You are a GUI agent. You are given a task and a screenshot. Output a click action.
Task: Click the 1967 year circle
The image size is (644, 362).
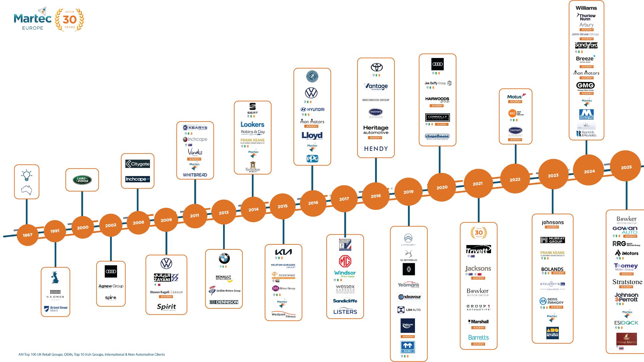pyautogui.click(x=28, y=235)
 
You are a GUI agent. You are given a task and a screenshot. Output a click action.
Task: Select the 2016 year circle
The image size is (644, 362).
pyautogui.click(x=313, y=203)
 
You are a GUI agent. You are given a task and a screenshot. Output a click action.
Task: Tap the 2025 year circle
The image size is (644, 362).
pyautogui.click(x=626, y=167)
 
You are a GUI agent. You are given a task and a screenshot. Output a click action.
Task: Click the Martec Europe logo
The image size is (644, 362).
pyautogui.click(x=33, y=20)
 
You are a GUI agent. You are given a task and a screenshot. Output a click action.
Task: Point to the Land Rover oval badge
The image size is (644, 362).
pyautogui.click(x=82, y=180)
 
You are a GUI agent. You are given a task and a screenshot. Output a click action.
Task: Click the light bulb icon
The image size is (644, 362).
pyautogui.click(x=27, y=175)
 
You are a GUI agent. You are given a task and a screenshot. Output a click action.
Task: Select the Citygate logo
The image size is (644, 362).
pyautogui.click(x=138, y=164)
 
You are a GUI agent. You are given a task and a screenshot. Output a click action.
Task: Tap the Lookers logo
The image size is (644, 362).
pyautogui.click(x=252, y=124)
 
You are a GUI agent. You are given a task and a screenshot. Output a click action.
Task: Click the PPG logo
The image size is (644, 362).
pyautogui.click(x=312, y=159)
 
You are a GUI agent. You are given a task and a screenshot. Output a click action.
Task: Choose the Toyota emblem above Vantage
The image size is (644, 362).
pyautogui.click(x=376, y=67)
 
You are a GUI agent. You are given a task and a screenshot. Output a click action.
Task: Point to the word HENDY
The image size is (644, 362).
pyautogui.click(x=376, y=148)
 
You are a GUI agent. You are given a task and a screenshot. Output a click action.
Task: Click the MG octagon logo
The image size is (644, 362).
pyautogui.click(x=345, y=261)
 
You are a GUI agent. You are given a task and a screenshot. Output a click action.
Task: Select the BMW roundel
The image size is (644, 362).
pyautogui.click(x=224, y=258)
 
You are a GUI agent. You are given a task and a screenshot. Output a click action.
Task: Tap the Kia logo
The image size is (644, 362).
pyautogui.click(x=283, y=252)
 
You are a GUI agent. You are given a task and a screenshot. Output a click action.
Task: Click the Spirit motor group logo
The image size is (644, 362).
pyautogui.click(x=166, y=307)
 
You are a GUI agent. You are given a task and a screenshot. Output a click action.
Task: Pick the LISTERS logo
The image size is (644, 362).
pyautogui.click(x=345, y=312)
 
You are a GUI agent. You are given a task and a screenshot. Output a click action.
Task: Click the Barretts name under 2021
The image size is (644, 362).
pyautogui.click(x=478, y=338)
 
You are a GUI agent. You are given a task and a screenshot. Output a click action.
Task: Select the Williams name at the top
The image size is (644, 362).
pyautogui.click(x=586, y=8)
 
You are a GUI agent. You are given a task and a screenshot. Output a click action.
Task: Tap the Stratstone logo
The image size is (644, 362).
pyautogui.click(x=627, y=282)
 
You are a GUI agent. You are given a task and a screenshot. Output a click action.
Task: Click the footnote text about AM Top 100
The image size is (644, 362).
pyautogui.click(x=92, y=354)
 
